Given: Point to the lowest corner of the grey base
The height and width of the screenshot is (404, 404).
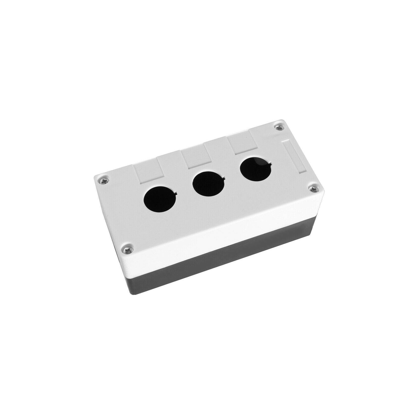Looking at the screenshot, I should [x=137, y=295].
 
